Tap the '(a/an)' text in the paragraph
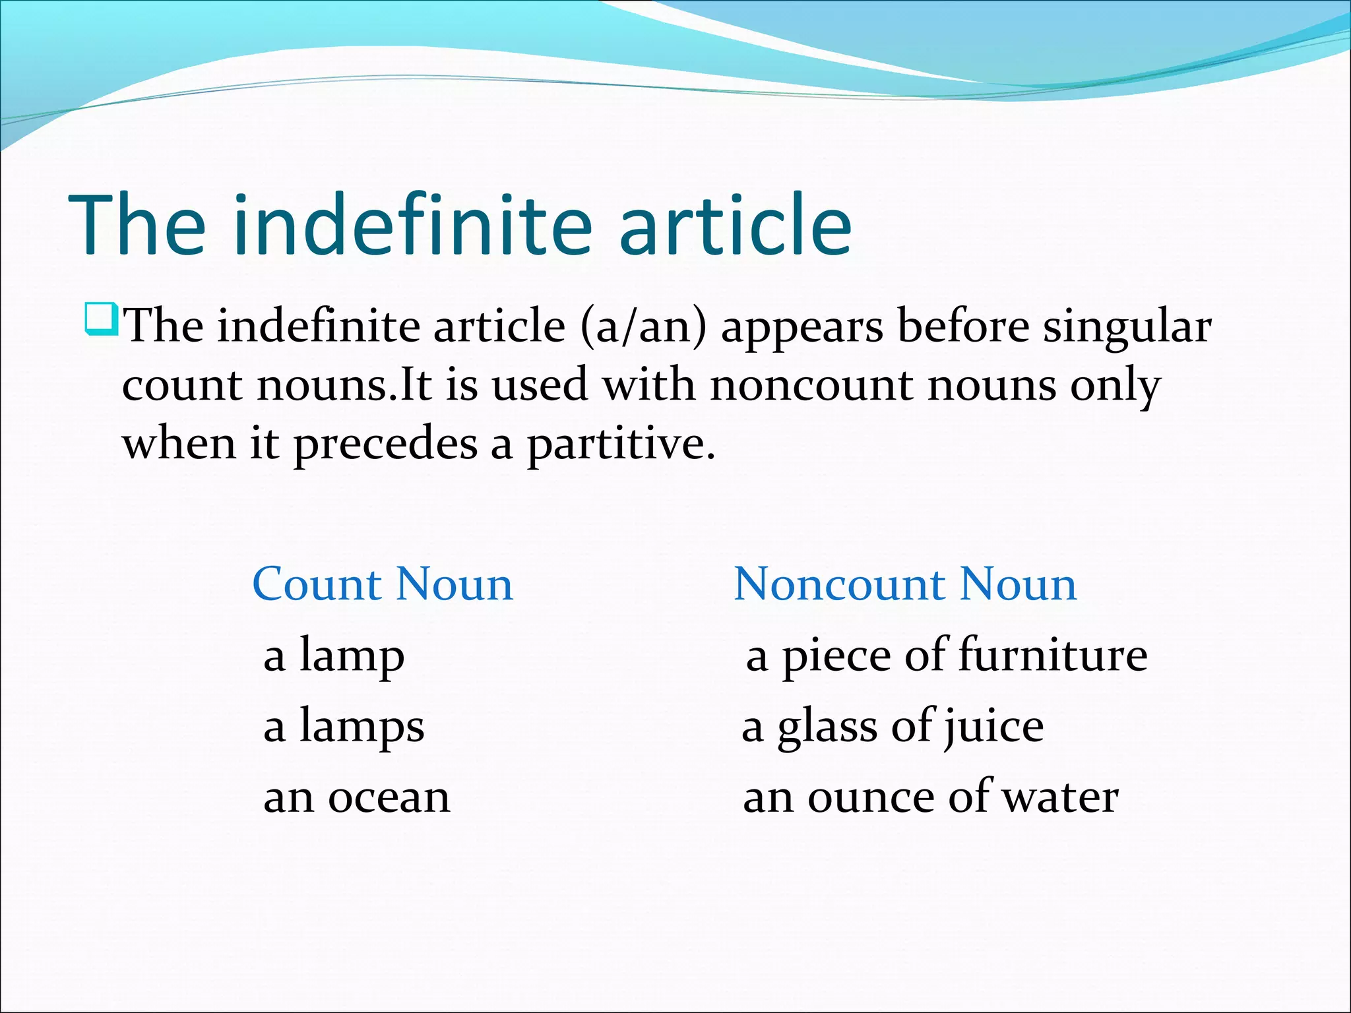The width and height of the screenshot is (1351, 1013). click(x=643, y=326)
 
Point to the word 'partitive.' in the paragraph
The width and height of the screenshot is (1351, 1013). click(x=621, y=443)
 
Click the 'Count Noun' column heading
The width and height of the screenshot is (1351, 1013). click(x=383, y=584)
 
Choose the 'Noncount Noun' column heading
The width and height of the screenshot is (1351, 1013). click(x=905, y=584)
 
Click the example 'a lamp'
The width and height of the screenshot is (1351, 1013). click(x=334, y=656)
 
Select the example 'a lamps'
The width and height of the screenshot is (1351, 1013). click(x=344, y=726)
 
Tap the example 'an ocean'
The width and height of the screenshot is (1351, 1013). click(x=357, y=797)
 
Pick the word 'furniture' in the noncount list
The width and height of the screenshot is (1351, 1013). click(x=1053, y=656)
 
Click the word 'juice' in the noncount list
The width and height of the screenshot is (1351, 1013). click(x=994, y=726)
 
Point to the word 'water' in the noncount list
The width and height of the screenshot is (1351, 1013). click(x=1061, y=797)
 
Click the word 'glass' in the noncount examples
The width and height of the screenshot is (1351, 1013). click(x=827, y=726)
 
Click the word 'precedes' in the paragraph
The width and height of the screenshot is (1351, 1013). click(x=385, y=443)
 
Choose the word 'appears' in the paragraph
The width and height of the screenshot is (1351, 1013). click(x=802, y=326)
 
